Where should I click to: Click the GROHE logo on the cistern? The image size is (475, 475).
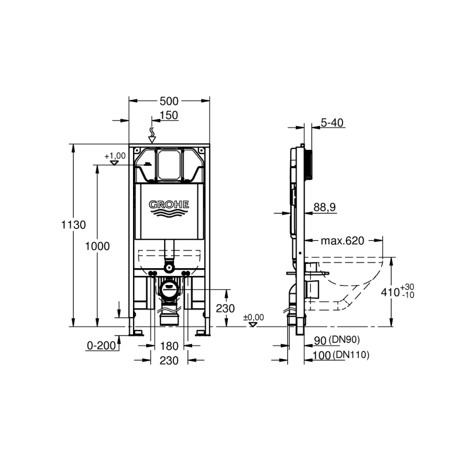pyautogui.click(x=169, y=208)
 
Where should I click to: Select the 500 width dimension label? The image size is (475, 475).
pyautogui.click(x=169, y=101)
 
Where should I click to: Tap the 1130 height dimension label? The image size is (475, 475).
pyautogui.click(x=73, y=225)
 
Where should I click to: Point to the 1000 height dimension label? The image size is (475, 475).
pyautogui.click(x=97, y=246)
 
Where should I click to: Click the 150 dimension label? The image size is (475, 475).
pyautogui.click(x=169, y=116)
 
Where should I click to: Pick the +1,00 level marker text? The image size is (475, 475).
pyautogui.click(x=115, y=156)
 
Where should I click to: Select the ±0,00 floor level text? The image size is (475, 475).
pyautogui.click(x=253, y=318)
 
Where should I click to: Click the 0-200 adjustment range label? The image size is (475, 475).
pyautogui.click(x=101, y=345)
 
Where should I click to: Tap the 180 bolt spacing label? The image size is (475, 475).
pyautogui.click(x=169, y=346)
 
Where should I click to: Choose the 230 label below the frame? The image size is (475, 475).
pyautogui.click(x=169, y=360)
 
